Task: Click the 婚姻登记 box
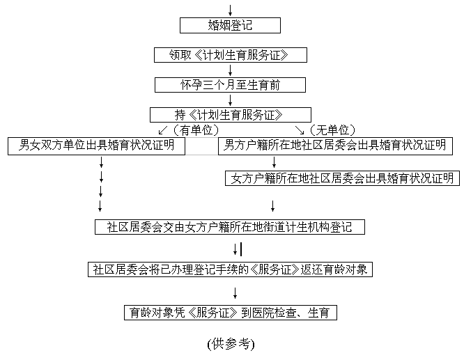click(x=230, y=25)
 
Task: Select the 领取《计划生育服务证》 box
click(x=230, y=54)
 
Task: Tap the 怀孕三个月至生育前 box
click(x=230, y=84)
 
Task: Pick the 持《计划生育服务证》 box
click(x=230, y=114)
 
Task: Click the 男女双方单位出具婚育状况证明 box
click(x=96, y=146)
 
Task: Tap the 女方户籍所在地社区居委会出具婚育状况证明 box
click(x=341, y=178)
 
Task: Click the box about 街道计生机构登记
click(x=230, y=227)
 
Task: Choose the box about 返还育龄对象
click(x=230, y=269)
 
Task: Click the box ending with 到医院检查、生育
click(x=230, y=313)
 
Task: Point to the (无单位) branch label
click(x=333, y=130)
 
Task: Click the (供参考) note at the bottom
click(x=231, y=344)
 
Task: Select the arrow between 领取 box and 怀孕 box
click(x=230, y=70)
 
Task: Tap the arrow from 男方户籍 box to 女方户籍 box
click(x=274, y=162)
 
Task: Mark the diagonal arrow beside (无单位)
click(x=300, y=130)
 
